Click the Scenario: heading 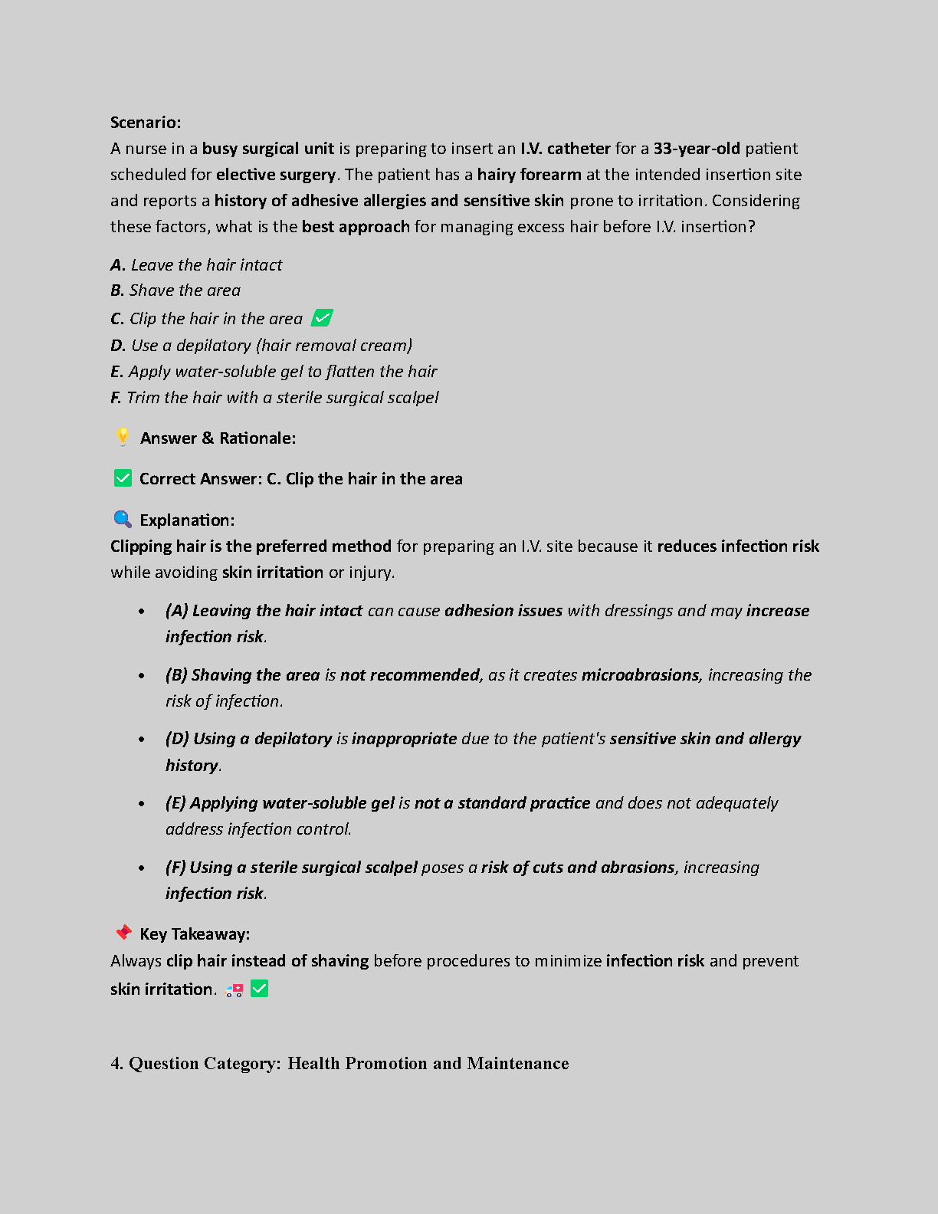coord(146,123)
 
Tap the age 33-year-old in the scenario coord(697,149)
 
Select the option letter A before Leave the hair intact coord(117,265)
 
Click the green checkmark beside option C coord(323,317)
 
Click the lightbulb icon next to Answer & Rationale coord(123,437)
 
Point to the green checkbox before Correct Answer coord(123,478)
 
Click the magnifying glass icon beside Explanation coord(123,520)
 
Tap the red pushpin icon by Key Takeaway coord(123,933)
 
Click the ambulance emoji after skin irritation coord(235,990)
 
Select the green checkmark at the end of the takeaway coord(260,989)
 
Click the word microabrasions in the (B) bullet coord(641,675)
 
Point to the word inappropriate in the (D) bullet coord(405,739)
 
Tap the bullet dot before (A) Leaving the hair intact coord(142,612)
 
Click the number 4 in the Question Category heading coord(116,1064)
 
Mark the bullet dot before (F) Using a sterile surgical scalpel coord(142,868)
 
